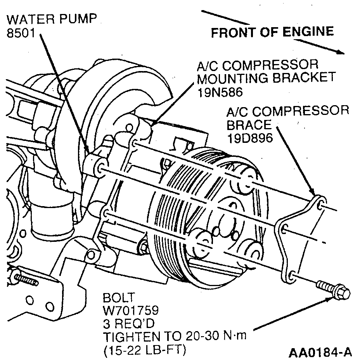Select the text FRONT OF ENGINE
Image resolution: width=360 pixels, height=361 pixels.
272,32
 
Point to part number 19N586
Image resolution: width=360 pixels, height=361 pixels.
222,92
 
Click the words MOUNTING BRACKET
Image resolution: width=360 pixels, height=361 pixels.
266,78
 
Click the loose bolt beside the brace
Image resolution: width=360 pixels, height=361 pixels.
334,290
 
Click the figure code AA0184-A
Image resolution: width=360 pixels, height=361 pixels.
320,352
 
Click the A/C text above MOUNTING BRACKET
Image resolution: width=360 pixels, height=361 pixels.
208,65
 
